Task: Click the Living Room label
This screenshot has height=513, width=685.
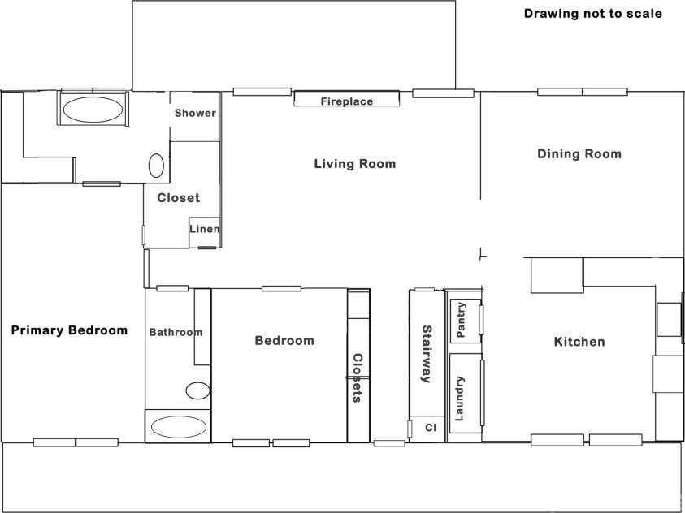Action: coord(355,164)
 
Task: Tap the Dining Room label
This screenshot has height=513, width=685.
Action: coord(579,154)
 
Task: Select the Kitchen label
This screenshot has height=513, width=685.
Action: coord(579,342)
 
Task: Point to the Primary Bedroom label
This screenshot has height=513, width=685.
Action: coord(69,330)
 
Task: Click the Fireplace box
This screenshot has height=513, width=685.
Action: coord(347,98)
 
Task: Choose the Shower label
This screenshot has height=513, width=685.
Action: coord(195,113)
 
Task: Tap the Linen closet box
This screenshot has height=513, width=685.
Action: coord(205,232)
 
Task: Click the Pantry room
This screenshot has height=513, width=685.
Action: coord(466,321)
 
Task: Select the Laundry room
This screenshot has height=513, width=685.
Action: coord(466,393)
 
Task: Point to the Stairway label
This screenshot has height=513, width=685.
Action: coord(427,354)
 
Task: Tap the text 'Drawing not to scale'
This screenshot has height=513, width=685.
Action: coord(593,14)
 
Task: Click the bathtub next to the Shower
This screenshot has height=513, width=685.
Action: coord(93,109)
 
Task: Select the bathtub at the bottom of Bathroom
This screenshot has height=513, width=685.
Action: coord(177,426)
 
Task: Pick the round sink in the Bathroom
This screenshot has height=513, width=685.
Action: coord(198,390)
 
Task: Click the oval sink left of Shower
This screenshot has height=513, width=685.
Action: coord(156,166)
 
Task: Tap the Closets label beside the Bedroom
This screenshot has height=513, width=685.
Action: coord(358,377)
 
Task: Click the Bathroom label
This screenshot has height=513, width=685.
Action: coord(176,333)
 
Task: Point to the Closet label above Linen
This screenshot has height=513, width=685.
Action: coord(178,198)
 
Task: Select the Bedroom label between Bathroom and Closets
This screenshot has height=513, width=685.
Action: coord(284,341)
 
